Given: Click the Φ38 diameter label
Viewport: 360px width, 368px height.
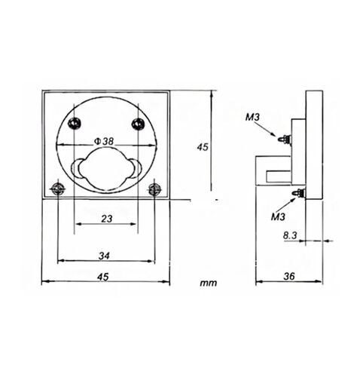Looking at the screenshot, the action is [104, 141].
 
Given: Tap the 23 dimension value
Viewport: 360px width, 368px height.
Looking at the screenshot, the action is [106, 219].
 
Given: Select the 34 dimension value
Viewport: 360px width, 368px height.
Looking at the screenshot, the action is [104, 256].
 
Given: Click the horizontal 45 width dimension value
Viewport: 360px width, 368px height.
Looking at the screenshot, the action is [103, 277].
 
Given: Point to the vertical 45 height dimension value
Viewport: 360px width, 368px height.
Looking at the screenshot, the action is [203, 147].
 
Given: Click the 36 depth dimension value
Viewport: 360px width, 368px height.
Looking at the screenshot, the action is [288, 276].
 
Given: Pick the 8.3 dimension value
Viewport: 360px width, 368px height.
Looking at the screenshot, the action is [290, 235].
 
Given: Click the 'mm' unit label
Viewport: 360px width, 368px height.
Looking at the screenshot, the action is [208, 283].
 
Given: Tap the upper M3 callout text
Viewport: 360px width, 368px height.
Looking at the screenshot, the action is [252, 117].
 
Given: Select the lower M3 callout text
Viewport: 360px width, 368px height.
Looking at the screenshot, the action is [278, 216].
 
